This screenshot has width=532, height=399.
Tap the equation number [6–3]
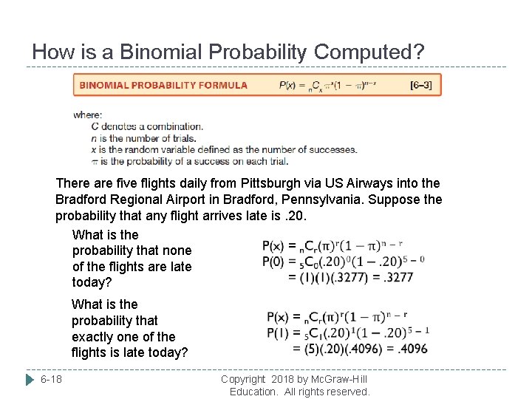click(x=420, y=85)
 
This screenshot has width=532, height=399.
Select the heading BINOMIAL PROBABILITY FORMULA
click(x=163, y=85)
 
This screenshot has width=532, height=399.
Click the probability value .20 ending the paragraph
click(x=293, y=216)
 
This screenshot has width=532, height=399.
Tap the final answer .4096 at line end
click(x=410, y=348)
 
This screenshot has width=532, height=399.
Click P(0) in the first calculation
click(x=274, y=261)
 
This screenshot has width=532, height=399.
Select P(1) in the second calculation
click(x=279, y=332)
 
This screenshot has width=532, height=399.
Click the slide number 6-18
click(x=52, y=379)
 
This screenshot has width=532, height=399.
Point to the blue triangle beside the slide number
click(x=30, y=379)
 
